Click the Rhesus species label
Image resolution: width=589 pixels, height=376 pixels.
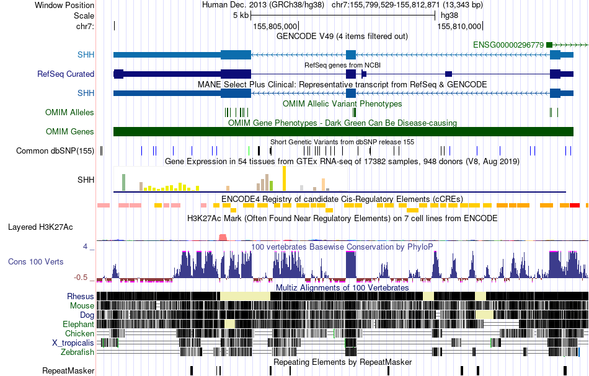(81, 296)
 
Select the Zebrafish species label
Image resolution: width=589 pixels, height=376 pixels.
(77, 352)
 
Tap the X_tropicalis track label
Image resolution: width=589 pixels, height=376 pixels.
(73, 343)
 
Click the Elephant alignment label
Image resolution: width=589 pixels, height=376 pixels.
(78, 324)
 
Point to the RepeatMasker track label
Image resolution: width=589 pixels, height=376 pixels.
(68, 371)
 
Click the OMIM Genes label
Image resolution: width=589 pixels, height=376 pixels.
(70, 131)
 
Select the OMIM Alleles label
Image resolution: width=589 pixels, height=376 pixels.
(69, 113)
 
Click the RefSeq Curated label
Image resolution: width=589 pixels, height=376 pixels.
(66, 74)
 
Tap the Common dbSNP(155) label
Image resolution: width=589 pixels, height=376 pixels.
(55, 151)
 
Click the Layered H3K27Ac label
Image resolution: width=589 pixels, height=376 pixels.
(40, 227)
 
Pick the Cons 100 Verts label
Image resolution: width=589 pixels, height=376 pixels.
(35, 261)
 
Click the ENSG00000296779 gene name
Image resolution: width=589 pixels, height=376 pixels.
(508, 45)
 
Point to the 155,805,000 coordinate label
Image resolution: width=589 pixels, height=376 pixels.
(276, 26)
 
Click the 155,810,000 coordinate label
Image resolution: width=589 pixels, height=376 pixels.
(459, 26)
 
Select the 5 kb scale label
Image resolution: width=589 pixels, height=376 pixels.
(241, 15)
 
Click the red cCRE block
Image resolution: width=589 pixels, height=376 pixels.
(574, 204)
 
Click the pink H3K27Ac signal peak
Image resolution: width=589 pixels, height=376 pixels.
(223, 237)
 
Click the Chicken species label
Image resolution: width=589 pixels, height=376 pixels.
(80, 333)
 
